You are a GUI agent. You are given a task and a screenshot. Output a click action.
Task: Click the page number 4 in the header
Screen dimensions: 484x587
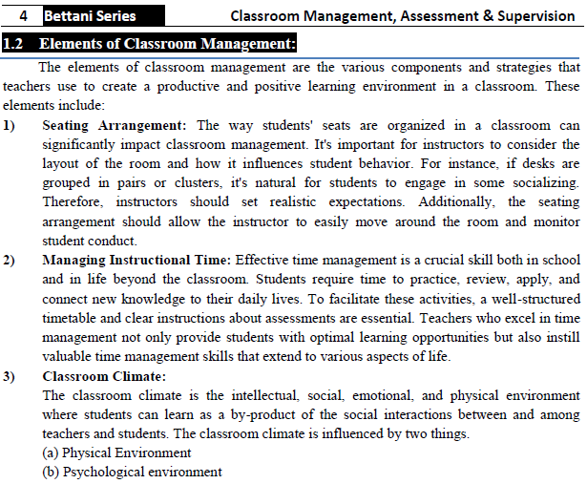(x=22, y=15)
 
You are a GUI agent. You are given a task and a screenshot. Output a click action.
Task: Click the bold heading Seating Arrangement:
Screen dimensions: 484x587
(x=117, y=126)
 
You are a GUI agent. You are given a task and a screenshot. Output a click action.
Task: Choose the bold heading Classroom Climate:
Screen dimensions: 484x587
(x=104, y=376)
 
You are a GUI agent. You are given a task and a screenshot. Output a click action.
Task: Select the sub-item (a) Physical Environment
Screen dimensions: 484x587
(x=117, y=452)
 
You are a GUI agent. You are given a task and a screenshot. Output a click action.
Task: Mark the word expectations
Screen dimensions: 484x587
(x=331, y=202)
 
